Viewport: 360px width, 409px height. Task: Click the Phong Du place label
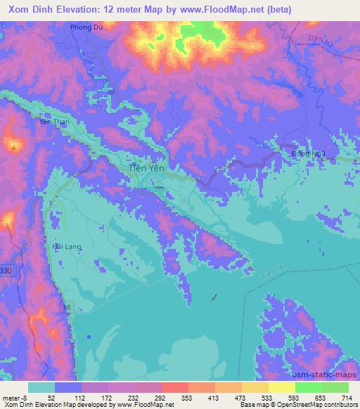pos(86,27)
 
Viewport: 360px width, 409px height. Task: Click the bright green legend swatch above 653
pos(309,387)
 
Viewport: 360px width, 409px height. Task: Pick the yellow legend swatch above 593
pos(282,387)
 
